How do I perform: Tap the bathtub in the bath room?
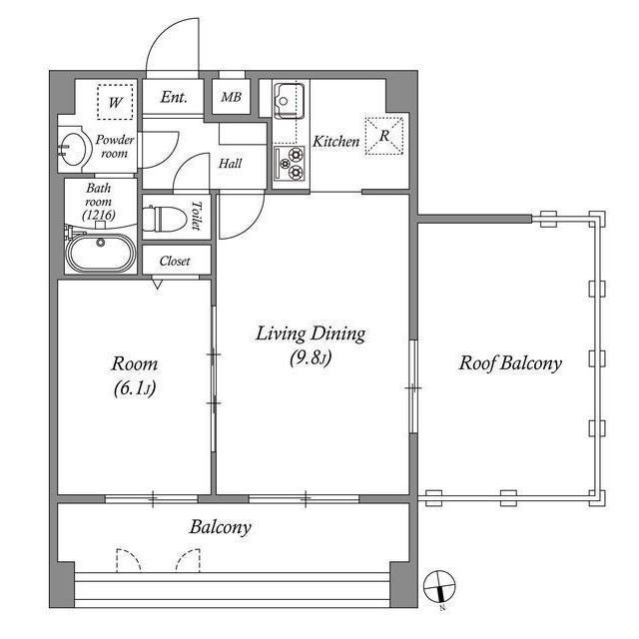pos(101,253)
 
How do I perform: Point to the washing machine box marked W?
pos(116,102)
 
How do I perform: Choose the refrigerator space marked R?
pos(384,136)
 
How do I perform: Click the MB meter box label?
pos(231,97)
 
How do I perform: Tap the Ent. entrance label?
pos(174,97)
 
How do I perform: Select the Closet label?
pos(175,261)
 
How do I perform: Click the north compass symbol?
pos(439,587)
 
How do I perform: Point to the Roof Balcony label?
pos(510,363)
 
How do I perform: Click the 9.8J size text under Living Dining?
pos(311,358)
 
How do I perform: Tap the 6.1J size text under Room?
pos(135,388)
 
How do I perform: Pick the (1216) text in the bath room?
pos(99,215)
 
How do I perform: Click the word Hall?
pos(231,164)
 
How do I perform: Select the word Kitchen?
pos(336,142)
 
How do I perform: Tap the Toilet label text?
pos(197,216)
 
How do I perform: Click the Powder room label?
pos(115,147)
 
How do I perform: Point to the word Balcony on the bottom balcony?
pos(221,527)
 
